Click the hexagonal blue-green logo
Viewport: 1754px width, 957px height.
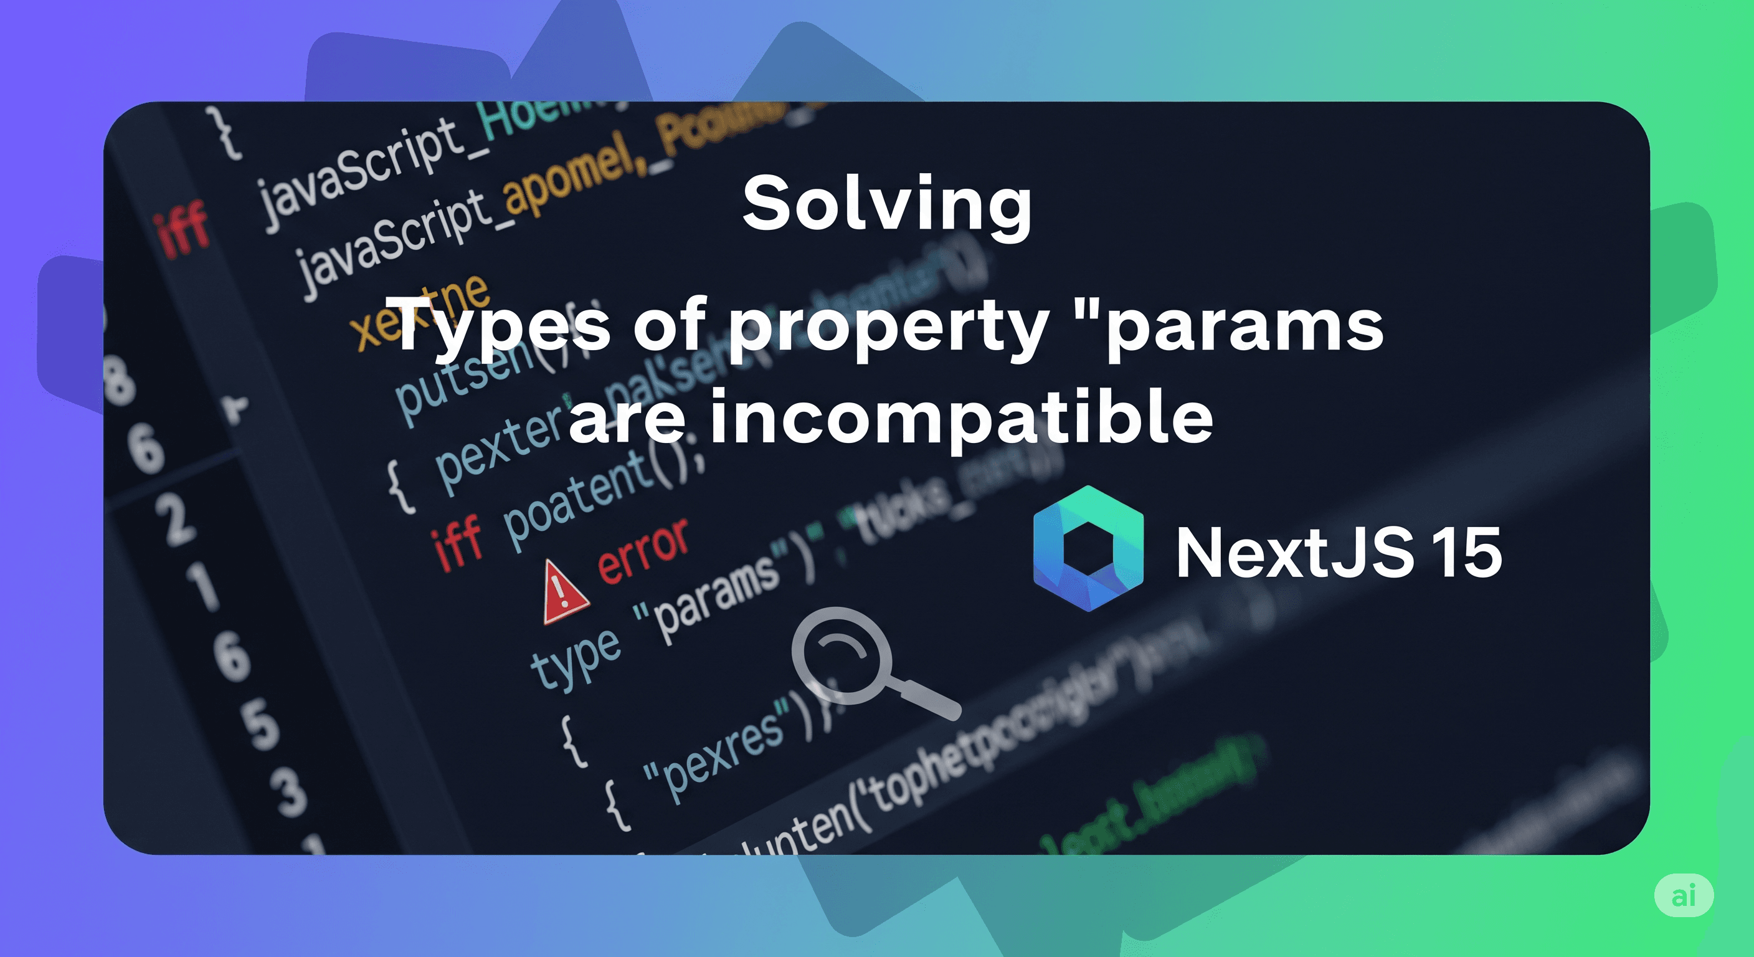click(x=1088, y=548)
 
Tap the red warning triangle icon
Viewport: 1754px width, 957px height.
click(x=564, y=592)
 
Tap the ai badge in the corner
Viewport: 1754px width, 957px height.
click(x=1683, y=895)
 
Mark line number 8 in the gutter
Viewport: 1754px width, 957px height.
click(x=119, y=381)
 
